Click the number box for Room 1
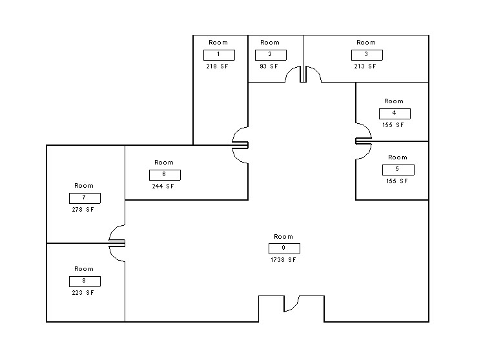point(219,55)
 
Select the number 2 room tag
point(270,55)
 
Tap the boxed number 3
point(366,55)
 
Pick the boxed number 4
point(394,114)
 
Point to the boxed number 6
point(165,175)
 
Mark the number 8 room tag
point(85,281)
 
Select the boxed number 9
point(284,248)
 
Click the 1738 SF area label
point(284,260)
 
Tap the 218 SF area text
point(217,66)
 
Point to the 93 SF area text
point(269,66)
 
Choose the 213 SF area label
point(365,66)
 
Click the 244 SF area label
point(163,186)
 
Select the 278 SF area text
point(83,210)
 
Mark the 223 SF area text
point(83,293)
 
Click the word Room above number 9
point(283,237)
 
